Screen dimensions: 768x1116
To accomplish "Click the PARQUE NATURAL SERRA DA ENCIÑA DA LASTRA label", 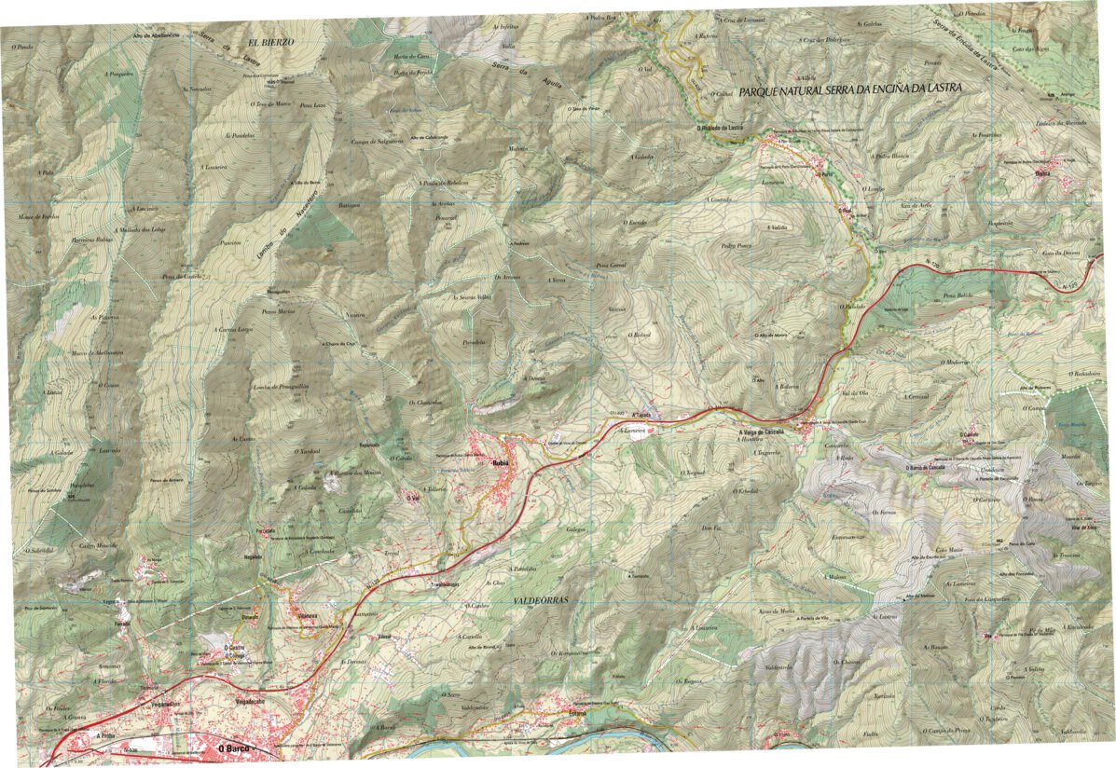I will pyautogui.click(x=848, y=90).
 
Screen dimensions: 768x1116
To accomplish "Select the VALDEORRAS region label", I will pyautogui.click(x=540, y=602).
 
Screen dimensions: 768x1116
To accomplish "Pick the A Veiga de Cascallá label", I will pyautogui.click(x=764, y=432).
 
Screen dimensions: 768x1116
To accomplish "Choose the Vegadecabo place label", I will pyautogui.click(x=253, y=701).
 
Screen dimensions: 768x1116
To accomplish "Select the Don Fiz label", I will pyautogui.click(x=712, y=528).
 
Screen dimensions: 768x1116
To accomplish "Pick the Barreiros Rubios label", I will pyautogui.click(x=90, y=240).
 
